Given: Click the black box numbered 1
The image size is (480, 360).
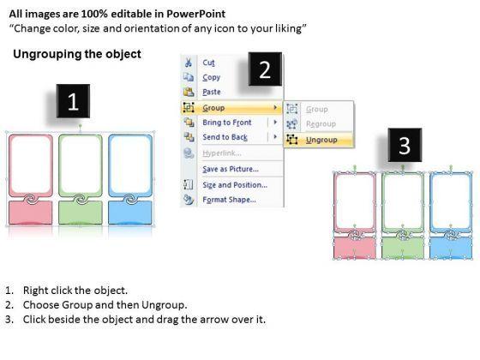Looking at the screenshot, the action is click(x=73, y=101).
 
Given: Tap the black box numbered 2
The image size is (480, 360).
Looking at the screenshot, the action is click(x=265, y=69).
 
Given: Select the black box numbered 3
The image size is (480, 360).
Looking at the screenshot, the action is click(x=405, y=145).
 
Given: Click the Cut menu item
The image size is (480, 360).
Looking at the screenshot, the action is click(x=208, y=63).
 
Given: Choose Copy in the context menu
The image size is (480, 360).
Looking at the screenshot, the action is click(x=211, y=77).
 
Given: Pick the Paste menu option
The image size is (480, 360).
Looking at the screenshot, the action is click(x=212, y=92).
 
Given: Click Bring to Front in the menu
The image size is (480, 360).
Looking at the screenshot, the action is click(x=227, y=123).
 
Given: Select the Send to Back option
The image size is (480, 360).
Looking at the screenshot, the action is click(x=225, y=137).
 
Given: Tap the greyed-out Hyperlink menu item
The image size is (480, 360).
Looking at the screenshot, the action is click(x=222, y=153).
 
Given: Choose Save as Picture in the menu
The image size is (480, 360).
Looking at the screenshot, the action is click(x=231, y=169).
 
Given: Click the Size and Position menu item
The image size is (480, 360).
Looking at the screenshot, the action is click(x=235, y=185).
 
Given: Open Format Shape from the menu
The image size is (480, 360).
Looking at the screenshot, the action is click(x=229, y=200).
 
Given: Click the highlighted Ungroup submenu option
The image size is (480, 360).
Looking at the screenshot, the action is click(x=321, y=140).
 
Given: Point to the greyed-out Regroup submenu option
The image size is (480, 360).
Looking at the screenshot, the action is click(x=321, y=124).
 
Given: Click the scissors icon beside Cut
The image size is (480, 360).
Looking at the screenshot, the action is click(x=189, y=63).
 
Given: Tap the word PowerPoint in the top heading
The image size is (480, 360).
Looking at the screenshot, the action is click(x=196, y=14).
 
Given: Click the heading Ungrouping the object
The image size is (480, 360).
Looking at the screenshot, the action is click(x=77, y=54).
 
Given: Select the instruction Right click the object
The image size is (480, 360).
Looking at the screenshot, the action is click(x=75, y=291).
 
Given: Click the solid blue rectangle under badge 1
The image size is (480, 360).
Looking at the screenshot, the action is click(x=130, y=213).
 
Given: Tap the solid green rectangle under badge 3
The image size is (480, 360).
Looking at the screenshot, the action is click(x=403, y=248).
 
